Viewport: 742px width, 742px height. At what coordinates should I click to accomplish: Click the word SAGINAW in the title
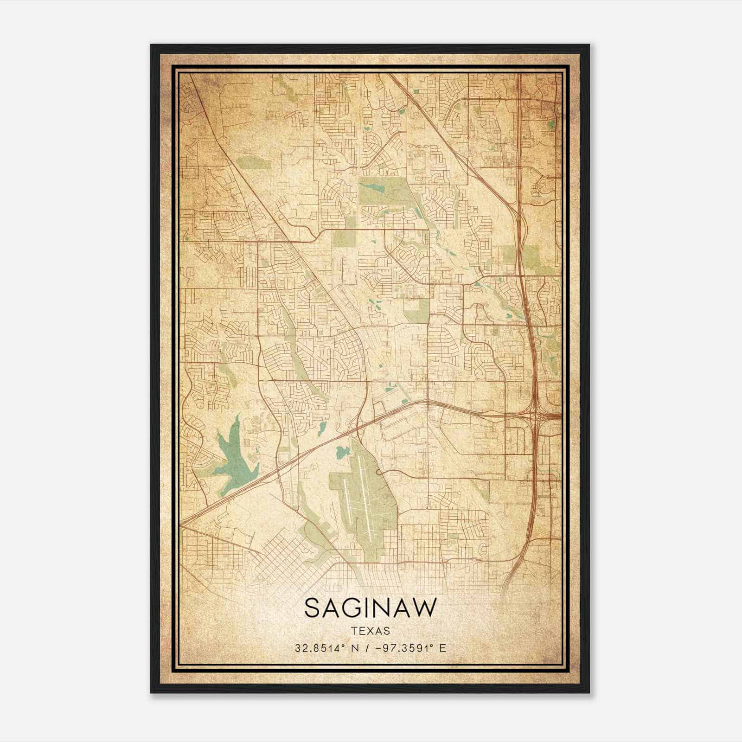[371, 608]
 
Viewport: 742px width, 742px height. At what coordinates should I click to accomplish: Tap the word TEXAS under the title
[371, 631]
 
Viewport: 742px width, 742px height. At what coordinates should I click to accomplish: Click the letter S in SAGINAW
[312, 608]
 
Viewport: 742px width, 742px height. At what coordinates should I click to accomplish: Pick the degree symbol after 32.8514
[343, 646]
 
